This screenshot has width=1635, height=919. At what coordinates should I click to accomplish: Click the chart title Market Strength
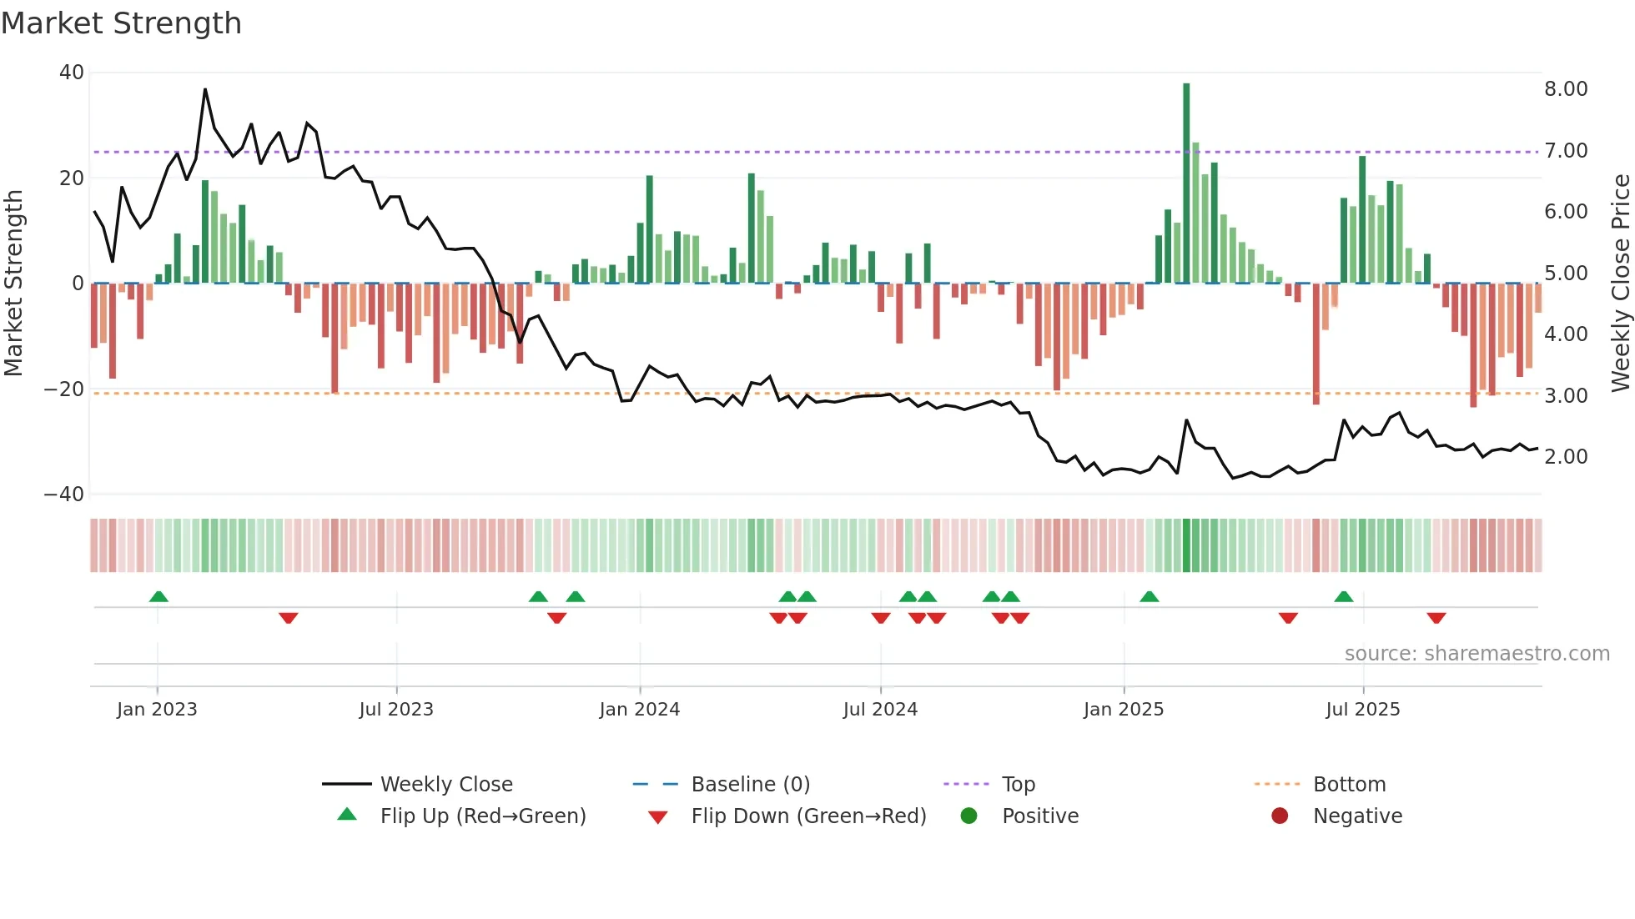[121, 23]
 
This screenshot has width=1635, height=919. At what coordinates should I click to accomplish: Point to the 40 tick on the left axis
[71, 73]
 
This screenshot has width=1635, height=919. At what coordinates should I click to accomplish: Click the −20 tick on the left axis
[64, 389]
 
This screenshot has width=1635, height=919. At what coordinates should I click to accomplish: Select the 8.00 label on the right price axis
[1566, 89]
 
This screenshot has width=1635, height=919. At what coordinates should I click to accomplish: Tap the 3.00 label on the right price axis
[1566, 395]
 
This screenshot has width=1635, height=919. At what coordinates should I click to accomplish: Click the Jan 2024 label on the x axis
[639, 710]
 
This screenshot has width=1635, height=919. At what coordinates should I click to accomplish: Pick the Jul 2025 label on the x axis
[1362, 710]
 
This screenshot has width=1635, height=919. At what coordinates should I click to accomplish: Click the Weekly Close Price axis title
[1620, 283]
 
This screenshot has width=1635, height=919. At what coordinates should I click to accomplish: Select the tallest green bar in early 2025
[1186, 183]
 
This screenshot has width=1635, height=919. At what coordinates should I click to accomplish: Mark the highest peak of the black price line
[205, 90]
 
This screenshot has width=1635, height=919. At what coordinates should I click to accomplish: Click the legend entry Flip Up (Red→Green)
[482, 816]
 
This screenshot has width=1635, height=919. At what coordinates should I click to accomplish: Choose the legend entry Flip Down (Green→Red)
[807, 816]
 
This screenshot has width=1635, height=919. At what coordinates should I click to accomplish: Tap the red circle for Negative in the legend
[1280, 816]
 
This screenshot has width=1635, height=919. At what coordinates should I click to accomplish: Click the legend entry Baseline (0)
[750, 784]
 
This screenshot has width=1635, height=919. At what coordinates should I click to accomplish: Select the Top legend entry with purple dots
[1018, 784]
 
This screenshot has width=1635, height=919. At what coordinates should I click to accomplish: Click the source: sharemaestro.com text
[1477, 654]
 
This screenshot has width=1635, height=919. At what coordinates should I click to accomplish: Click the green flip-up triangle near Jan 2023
[158, 596]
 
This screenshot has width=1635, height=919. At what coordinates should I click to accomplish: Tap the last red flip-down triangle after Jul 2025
[1436, 618]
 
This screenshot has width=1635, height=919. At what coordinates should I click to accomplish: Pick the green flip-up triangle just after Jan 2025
[1149, 596]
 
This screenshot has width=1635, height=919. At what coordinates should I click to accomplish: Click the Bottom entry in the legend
[1348, 784]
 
